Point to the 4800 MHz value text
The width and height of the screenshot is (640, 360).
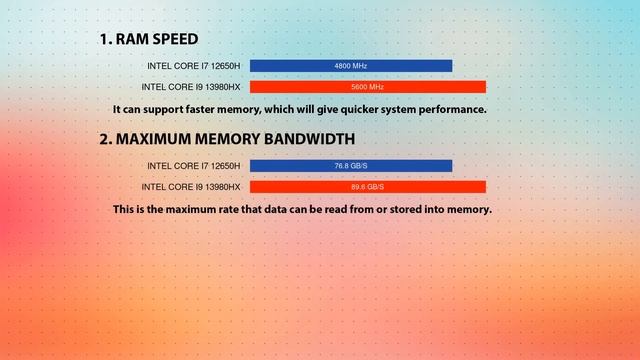pos(351,66)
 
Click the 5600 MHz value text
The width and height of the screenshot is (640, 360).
pos(367,87)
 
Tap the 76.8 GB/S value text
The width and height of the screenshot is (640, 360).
pos(351,166)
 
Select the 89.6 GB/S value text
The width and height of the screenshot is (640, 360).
pos(367,187)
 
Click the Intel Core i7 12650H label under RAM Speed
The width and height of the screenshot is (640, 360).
pos(194,66)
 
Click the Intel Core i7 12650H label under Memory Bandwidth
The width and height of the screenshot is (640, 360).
pos(194,166)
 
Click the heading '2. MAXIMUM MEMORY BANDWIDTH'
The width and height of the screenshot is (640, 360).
pos(226,139)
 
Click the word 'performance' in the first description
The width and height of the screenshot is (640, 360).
pos(451,109)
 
